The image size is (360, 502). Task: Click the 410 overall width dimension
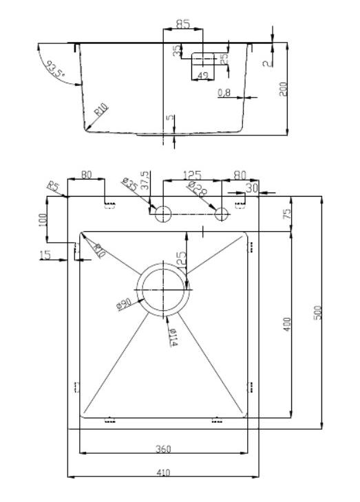tap(164, 472)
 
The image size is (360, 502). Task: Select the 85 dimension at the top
tap(183, 24)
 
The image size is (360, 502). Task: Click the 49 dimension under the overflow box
tap(202, 76)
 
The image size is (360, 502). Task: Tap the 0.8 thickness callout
tap(224, 92)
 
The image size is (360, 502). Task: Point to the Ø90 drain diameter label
tap(124, 303)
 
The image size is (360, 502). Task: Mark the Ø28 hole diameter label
tap(196, 188)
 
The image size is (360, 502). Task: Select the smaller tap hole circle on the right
tap(222, 215)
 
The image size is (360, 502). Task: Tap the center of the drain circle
tap(163, 290)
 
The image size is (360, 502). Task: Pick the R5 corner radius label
tap(52, 186)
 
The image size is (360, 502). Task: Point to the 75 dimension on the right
tap(288, 214)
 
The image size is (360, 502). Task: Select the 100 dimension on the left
tap(43, 220)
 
